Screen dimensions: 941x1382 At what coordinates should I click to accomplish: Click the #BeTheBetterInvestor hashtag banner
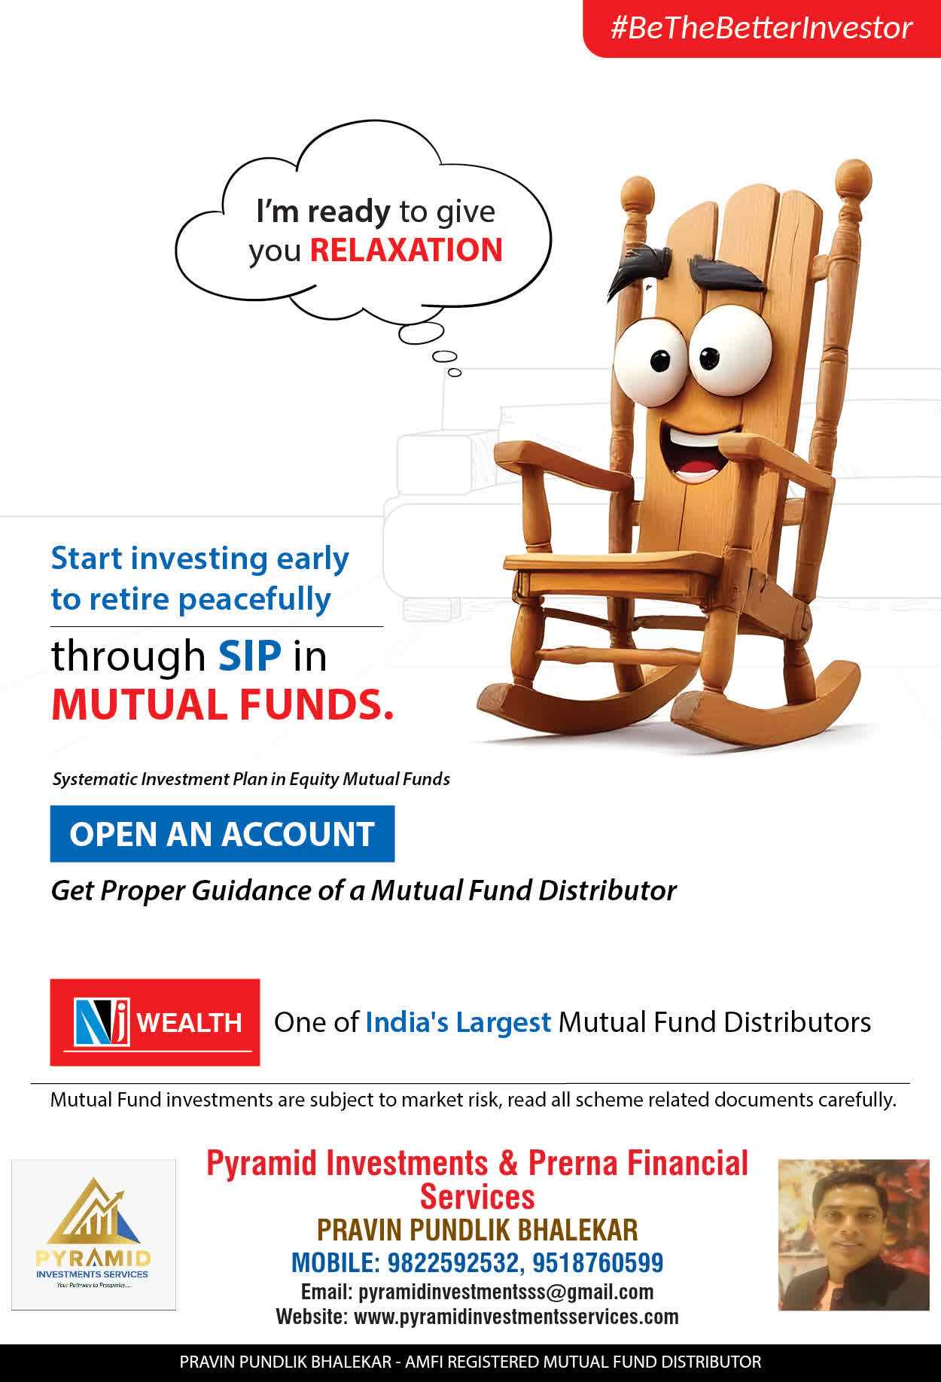click(x=762, y=28)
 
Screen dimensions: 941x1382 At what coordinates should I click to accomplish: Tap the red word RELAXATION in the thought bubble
click(x=406, y=251)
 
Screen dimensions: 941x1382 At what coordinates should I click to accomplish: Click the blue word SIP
click(x=250, y=656)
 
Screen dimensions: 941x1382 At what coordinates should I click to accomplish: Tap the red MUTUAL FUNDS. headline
click(x=223, y=705)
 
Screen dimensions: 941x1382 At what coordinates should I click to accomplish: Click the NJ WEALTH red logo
click(x=155, y=1022)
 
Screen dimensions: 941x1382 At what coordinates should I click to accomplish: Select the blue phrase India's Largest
click(x=458, y=1022)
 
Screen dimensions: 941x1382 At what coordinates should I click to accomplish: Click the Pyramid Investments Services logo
click(x=93, y=1234)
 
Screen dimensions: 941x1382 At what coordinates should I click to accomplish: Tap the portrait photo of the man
click(x=854, y=1234)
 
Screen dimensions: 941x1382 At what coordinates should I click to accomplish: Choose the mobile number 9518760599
click(x=598, y=1262)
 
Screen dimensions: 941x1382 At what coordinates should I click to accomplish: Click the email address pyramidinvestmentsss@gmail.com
click(x=506, y=1292)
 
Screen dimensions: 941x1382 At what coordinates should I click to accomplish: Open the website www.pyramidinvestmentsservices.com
click(x=516, y=1317)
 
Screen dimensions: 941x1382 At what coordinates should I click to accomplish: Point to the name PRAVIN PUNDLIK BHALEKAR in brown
click(x=477, y=1230)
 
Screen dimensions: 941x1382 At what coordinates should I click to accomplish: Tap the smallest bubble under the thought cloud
click(x=455, y=372)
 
